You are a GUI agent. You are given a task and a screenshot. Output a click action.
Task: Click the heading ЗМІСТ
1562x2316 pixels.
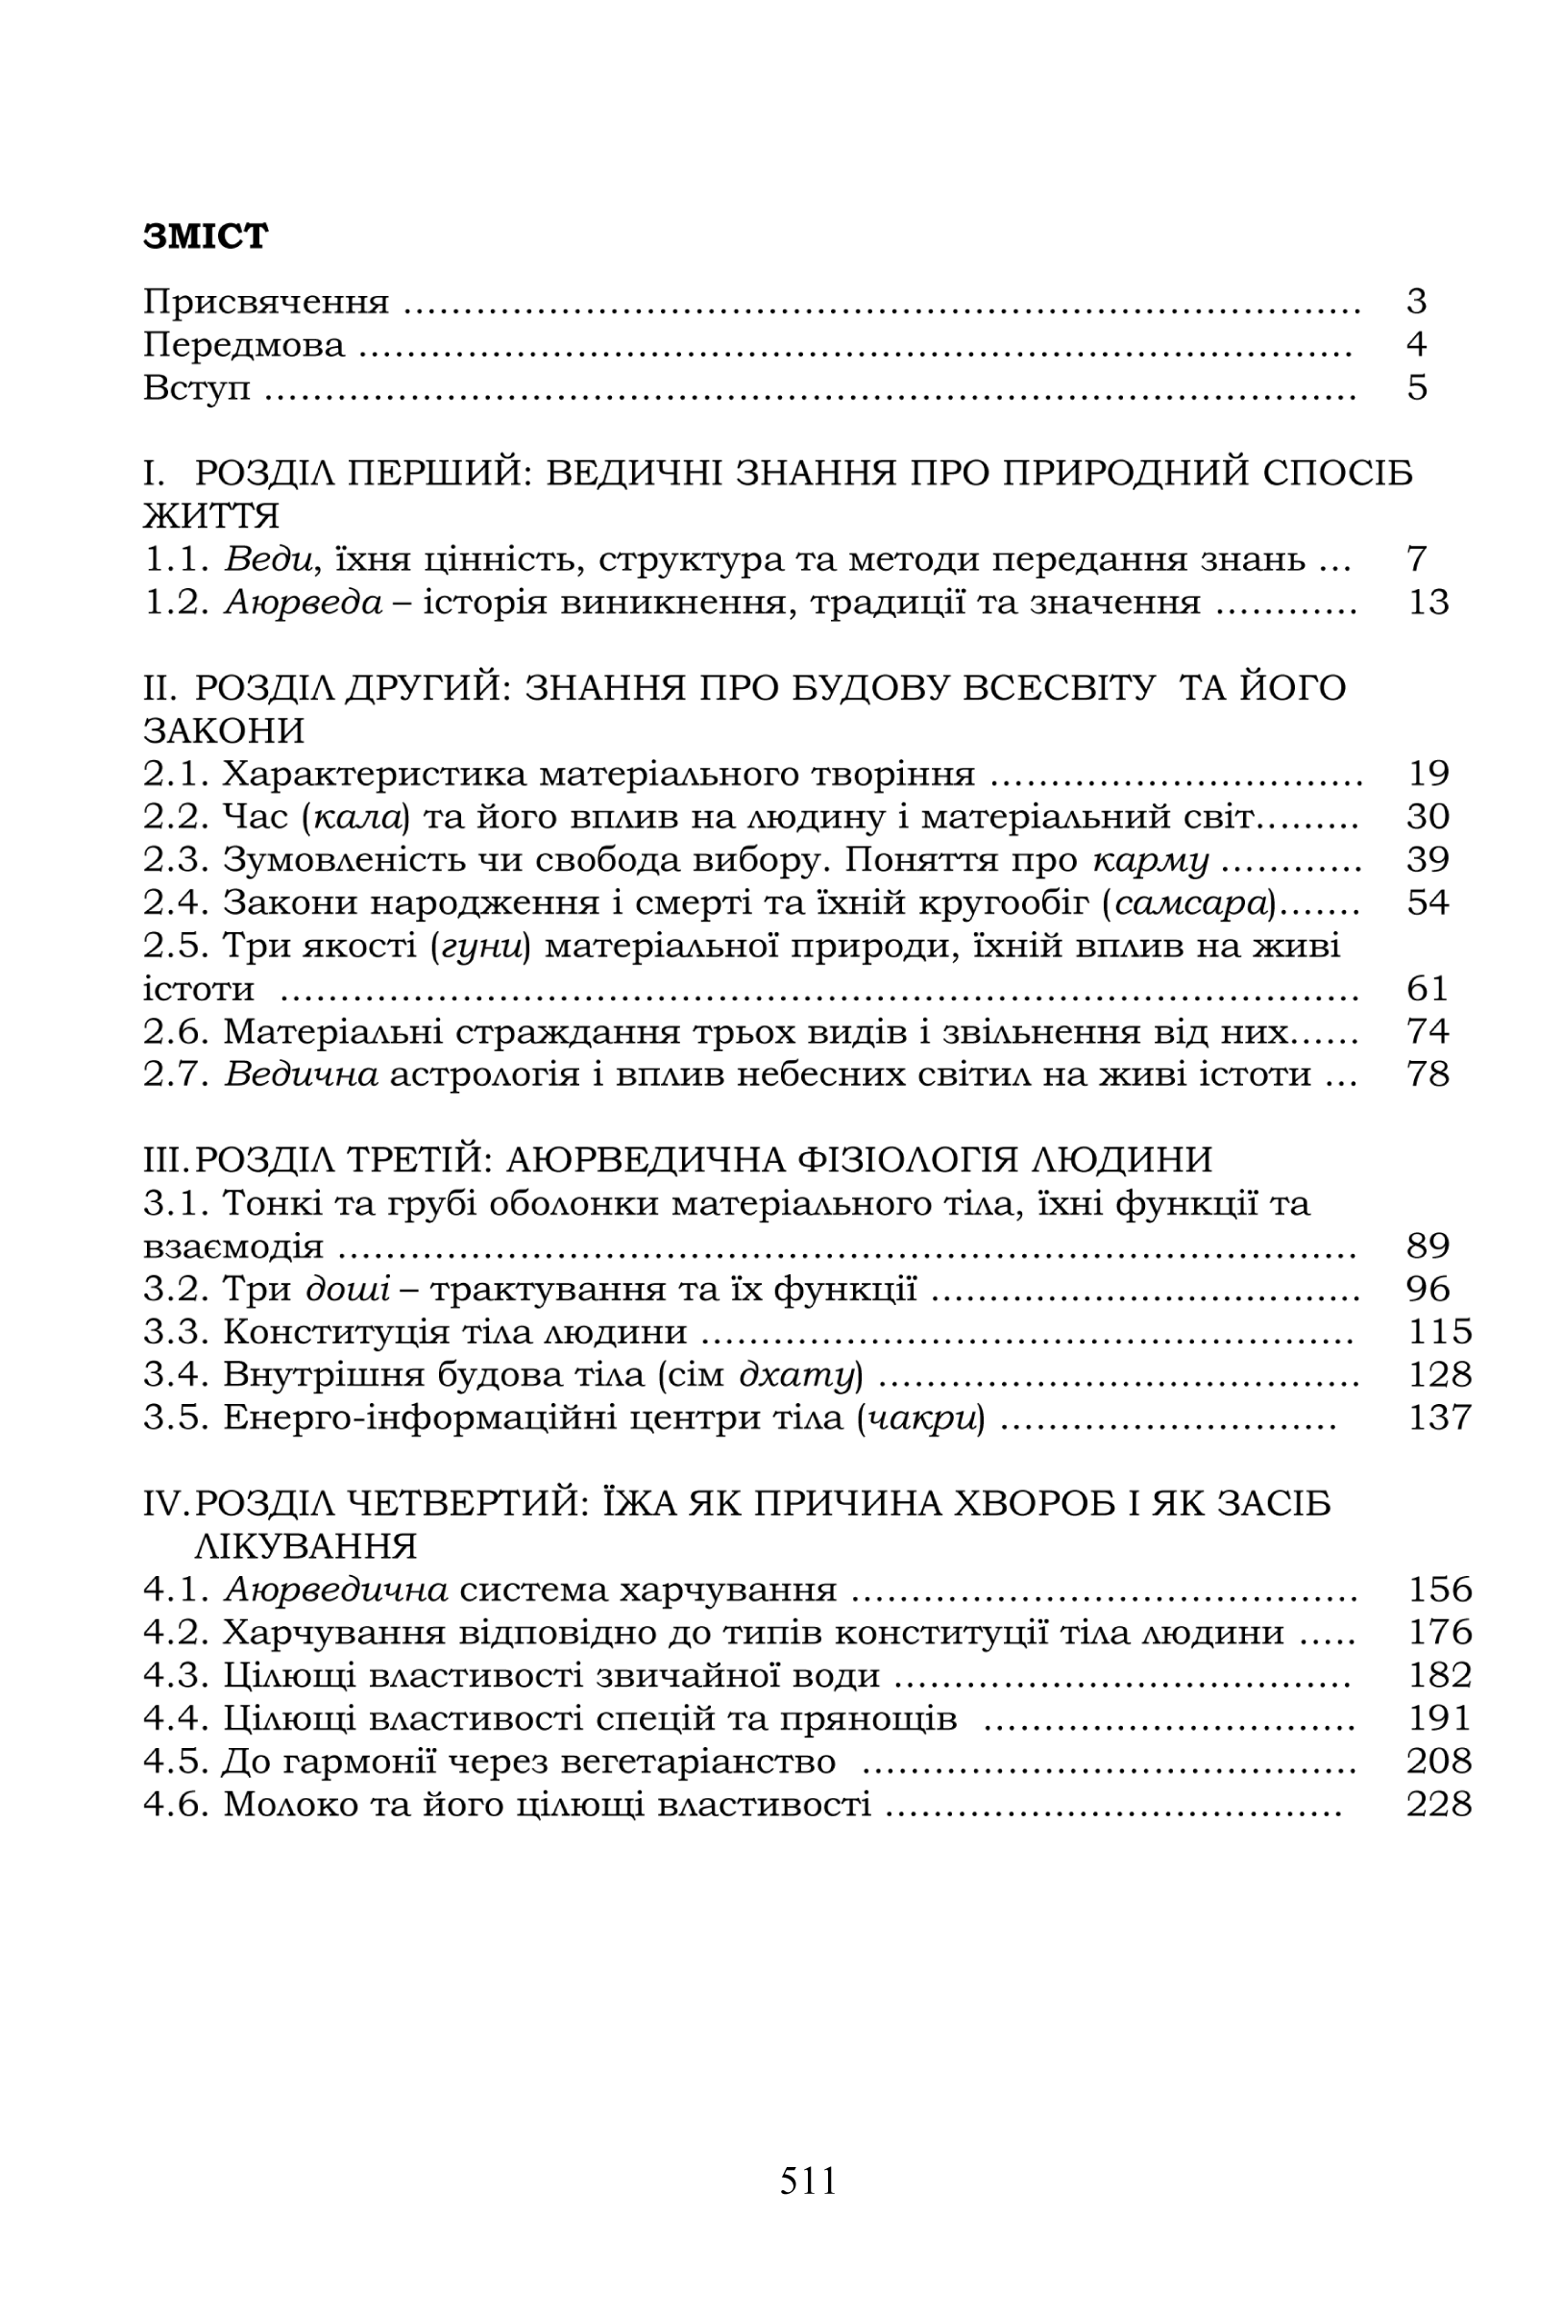(206, 236)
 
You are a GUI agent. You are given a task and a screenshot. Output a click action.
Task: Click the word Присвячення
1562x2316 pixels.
(266, 302)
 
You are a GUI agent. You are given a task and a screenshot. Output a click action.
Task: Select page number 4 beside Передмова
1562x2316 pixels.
(1417, 344)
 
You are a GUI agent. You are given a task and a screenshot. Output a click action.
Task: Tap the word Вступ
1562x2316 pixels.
(196, 387)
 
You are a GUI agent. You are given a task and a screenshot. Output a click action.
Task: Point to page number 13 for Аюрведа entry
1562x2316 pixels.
(1428, 602)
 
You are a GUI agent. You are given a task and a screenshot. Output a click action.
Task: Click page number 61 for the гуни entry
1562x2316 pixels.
(1428, 989)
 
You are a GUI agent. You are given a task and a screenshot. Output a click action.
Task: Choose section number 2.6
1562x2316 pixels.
(177, 1031)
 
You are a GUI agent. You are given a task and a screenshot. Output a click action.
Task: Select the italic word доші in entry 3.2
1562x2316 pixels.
(348, 1290)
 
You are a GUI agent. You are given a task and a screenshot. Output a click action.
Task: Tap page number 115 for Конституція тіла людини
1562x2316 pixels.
(1438, 1332)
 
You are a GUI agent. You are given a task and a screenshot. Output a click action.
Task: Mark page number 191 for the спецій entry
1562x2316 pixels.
(1438, 1718)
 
